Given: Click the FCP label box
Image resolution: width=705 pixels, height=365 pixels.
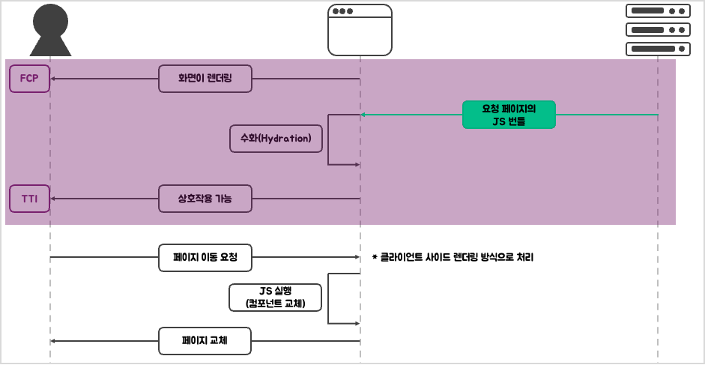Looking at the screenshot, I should coord(29,79).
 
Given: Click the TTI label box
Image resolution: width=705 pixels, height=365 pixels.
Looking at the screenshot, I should coord(29,199).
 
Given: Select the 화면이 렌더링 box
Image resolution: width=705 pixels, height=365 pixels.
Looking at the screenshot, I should coord(205,79).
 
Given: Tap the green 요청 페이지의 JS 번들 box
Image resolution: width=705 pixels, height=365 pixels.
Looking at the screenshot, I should coord(509,115).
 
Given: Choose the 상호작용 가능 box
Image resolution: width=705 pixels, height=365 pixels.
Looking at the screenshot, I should coord(205,199).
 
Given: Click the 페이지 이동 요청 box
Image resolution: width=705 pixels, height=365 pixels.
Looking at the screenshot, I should coord(205,257).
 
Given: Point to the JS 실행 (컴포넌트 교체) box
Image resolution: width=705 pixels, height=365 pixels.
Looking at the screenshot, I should coord(276,298).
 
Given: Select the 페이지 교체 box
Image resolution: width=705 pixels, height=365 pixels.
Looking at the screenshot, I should coord(205,341).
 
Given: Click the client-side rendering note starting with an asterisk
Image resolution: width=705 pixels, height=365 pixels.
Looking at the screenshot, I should coord(453,257).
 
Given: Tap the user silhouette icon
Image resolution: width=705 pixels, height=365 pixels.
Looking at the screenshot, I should coord(50,31).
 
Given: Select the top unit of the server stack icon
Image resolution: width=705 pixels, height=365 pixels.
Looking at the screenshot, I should coord(658,11).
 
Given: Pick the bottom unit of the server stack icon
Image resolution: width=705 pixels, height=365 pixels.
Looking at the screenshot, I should coord(658,49).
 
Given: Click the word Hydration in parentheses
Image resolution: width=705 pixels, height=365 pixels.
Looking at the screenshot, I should coord(286,139).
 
